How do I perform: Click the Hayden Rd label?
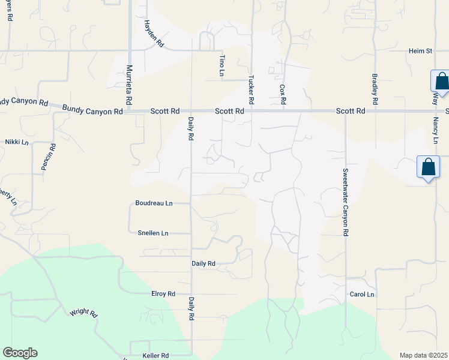click(154, 33)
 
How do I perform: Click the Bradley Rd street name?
click(375, 88)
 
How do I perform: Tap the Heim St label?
click(420, 52)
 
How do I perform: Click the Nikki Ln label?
click(17, 142)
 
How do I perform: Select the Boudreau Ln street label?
click(154, 203)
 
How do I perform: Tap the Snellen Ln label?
click(153, 233)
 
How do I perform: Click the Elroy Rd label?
click(163, 294)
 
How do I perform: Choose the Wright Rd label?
click(83, 313)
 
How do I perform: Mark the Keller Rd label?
click(155, 356)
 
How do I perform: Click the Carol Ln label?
click(362, 295)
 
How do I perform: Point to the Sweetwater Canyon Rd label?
click(345, 202)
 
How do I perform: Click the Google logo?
click(20, 353)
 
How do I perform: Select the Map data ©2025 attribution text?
click(424, 355)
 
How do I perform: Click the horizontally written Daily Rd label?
click(203, 263)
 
